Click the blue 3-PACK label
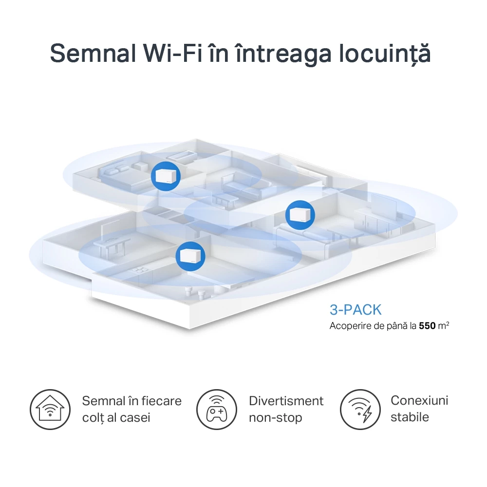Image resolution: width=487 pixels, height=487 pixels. [x=356, y=310]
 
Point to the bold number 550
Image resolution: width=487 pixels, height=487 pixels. [x=427, y=325]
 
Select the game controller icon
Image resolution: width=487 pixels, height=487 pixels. [x=216, y=409]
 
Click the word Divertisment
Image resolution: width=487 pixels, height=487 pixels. [x=286, y=401]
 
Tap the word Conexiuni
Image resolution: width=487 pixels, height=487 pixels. [x=419, y=400]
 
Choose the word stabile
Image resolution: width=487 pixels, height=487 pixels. [x=410, y=417]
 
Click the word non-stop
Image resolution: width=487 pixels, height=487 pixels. [x=275, y=417]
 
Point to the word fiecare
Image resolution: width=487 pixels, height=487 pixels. [x=162, y=401]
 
